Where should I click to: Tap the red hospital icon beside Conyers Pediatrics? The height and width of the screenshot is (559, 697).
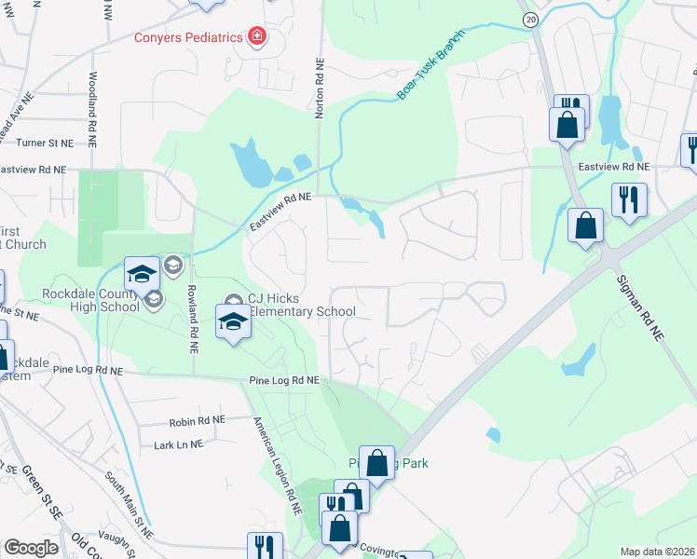point(256,37)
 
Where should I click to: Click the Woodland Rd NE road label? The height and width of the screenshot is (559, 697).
point(93,100)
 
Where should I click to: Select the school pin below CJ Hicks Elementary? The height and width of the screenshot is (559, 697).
point(233,322)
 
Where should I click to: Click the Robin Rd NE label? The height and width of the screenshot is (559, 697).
point(198,421)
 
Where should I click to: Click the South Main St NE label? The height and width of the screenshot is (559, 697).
point(128,503)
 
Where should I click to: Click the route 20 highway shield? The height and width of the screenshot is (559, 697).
point(530,19)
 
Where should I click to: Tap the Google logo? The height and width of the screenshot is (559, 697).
point(31,548)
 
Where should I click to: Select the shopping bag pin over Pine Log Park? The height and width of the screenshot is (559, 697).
point(376,461)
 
